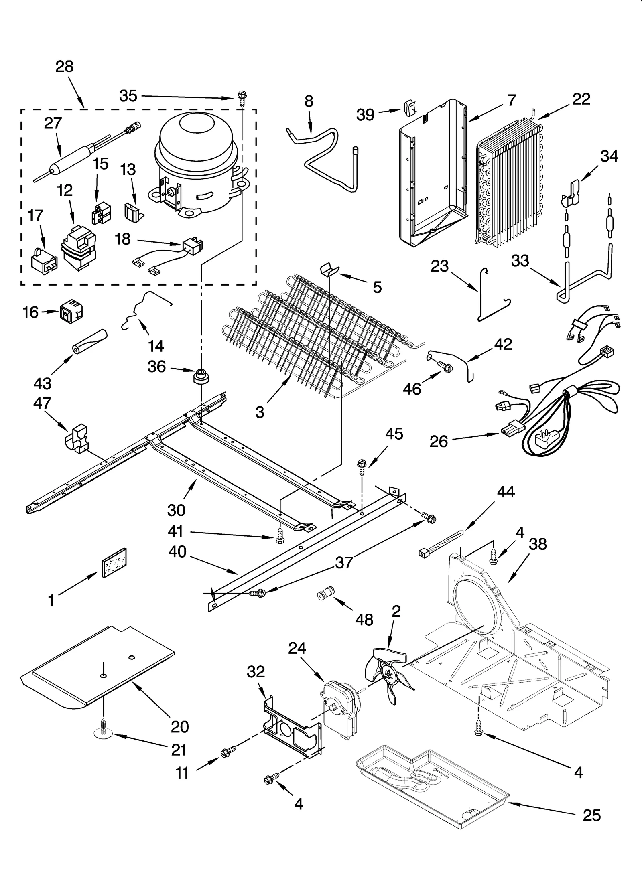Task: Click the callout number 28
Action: click(x=64, y=66)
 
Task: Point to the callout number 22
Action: click(x=581, y=99)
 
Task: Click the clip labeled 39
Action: click(x=409, y=107)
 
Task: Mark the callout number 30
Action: click(x=176, y=510)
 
